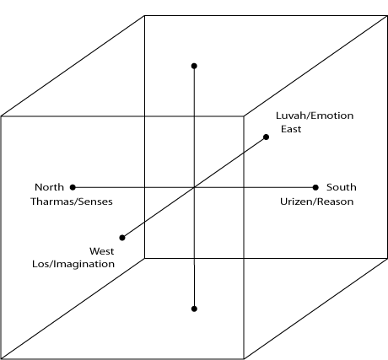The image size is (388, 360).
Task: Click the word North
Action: (49, 187)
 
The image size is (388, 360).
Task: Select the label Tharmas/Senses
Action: (72, 201)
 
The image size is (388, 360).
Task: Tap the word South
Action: (342, 187)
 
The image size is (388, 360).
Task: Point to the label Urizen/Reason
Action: (317, 201)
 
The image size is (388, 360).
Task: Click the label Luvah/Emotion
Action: (315, 116)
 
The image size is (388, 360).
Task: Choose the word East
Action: (291, 129)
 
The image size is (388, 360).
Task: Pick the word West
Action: (102, 251)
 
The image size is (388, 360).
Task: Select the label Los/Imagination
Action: (73, 264)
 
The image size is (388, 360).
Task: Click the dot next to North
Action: (73, 187)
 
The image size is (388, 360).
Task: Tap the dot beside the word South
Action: (315, 187)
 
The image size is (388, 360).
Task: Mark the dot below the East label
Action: (266, 137)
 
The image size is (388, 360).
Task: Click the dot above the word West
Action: (122, 238)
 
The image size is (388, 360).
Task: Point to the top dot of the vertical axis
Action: (194, 66)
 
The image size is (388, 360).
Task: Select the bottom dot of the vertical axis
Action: (194, 309)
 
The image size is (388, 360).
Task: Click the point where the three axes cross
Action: (194, 187)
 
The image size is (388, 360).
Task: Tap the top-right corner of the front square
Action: (244, 116)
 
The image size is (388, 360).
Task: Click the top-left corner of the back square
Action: (144, 16)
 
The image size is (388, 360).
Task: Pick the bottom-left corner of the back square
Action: (144, 258)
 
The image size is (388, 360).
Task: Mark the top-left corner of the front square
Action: (1, 116)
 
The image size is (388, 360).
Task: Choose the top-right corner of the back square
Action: (387, 16)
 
